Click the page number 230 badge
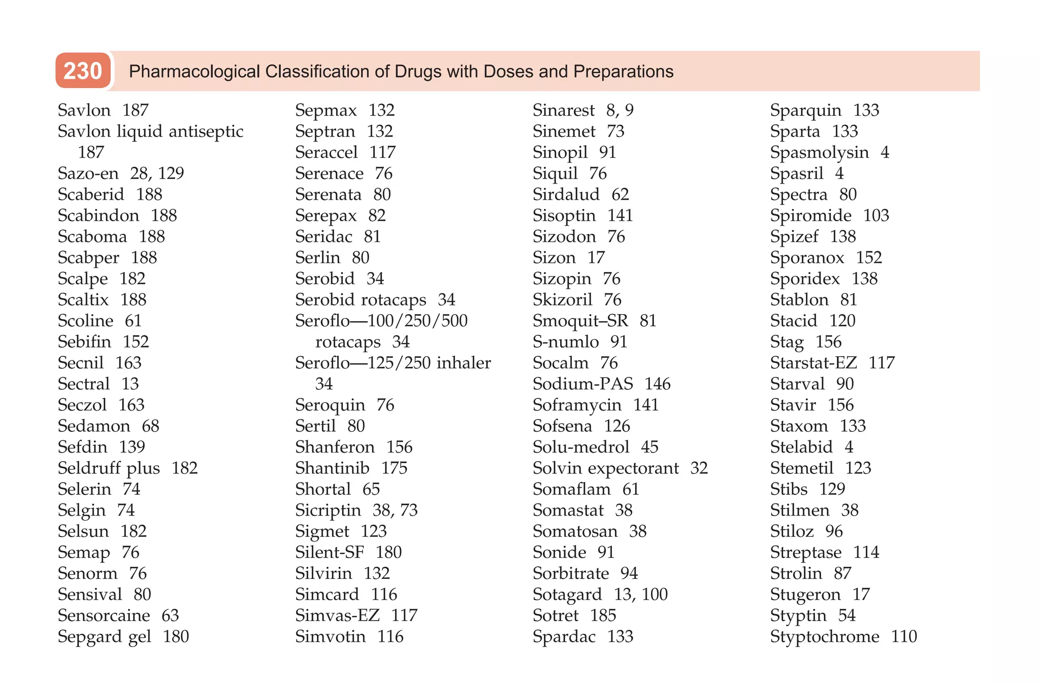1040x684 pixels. [83, 71]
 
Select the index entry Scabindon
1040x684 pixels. [98, 216]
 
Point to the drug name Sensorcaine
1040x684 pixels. [104, 615]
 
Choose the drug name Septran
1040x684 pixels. [325, 131]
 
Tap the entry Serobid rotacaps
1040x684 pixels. [361, 300]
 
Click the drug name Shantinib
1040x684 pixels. [332, 468]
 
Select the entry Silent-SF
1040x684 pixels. [330, 552]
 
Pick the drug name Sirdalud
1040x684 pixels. [566, 194]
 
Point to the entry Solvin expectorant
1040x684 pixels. [605, 468]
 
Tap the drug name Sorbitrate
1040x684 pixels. [570, 573]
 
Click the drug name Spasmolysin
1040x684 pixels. [819, 152]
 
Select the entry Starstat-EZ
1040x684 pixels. [813, 363]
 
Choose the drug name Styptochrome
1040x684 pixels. [824, 636]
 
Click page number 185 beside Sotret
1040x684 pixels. [603, 615]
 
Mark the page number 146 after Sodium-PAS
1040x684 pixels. [658, 384]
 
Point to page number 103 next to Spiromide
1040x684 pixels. [876, 216]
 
